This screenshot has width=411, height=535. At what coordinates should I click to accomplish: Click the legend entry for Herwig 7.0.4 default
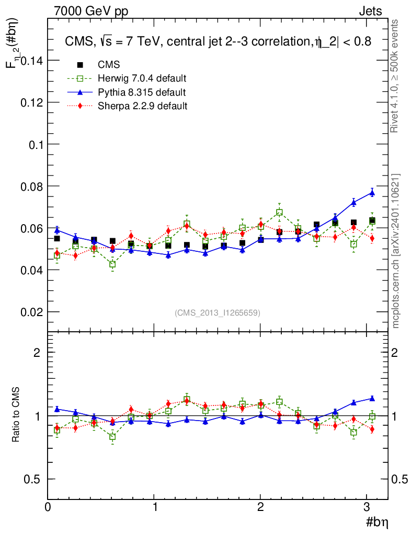(x=142, y=79)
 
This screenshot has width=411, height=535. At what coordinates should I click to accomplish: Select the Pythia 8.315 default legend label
(x=142, y=92)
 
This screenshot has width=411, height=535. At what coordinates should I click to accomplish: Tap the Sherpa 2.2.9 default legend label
(x=142, y=106)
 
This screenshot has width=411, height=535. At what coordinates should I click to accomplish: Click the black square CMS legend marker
(x=80, y=65)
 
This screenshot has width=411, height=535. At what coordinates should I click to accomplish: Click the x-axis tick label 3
(x=367, y=507)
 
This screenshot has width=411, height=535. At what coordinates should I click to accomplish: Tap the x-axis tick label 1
(x=155, y=507)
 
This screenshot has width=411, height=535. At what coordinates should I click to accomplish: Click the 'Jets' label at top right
(x=370, y=11)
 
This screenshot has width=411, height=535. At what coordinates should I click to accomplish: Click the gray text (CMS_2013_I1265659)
(x=218, y=312)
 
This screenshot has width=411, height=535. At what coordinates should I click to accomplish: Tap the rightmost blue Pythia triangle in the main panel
(x=372, y=192)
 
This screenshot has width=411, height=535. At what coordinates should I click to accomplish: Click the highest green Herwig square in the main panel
(x=280, y=213)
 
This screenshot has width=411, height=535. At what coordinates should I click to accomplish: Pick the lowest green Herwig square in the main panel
(x=112, y=264)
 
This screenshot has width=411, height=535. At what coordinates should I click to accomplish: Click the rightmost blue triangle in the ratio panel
(x=372, y=398)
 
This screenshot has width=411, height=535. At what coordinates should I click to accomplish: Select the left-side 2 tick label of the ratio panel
(x=38, y=353)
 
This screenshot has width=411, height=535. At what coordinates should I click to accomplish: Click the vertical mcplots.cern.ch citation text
(x=396, y=251)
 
